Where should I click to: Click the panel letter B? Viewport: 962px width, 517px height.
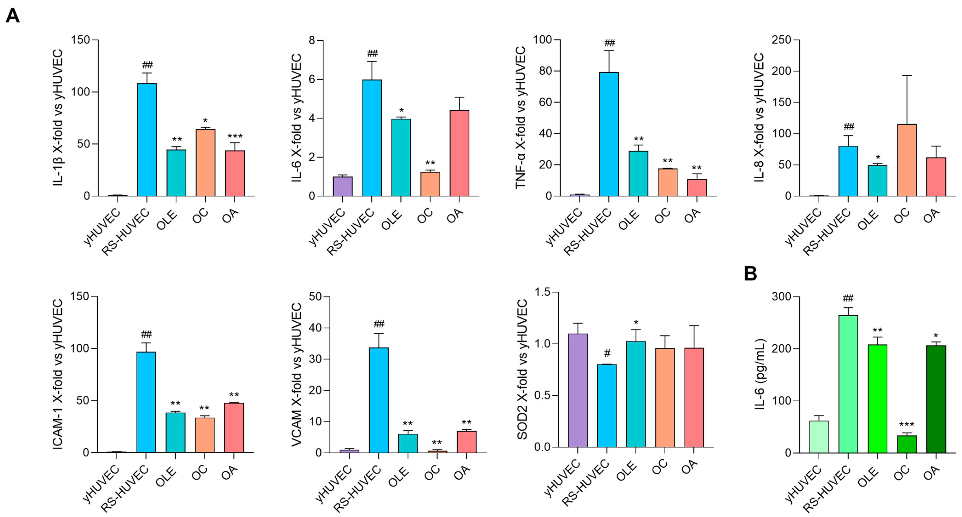coord(750,274)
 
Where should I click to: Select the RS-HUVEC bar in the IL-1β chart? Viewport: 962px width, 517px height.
coord(147,140)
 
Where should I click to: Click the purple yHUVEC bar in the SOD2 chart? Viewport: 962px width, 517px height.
coord(577,390)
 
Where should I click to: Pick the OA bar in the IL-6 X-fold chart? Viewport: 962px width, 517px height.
coord(459,153)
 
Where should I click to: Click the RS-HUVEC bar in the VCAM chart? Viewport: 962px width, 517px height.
coord(379,400)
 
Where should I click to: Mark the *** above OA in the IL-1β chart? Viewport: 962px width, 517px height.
coord(235,136)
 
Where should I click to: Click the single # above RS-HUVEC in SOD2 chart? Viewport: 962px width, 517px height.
coord(607,353)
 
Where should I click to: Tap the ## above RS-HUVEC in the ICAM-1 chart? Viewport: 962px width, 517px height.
coord(146,334)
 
